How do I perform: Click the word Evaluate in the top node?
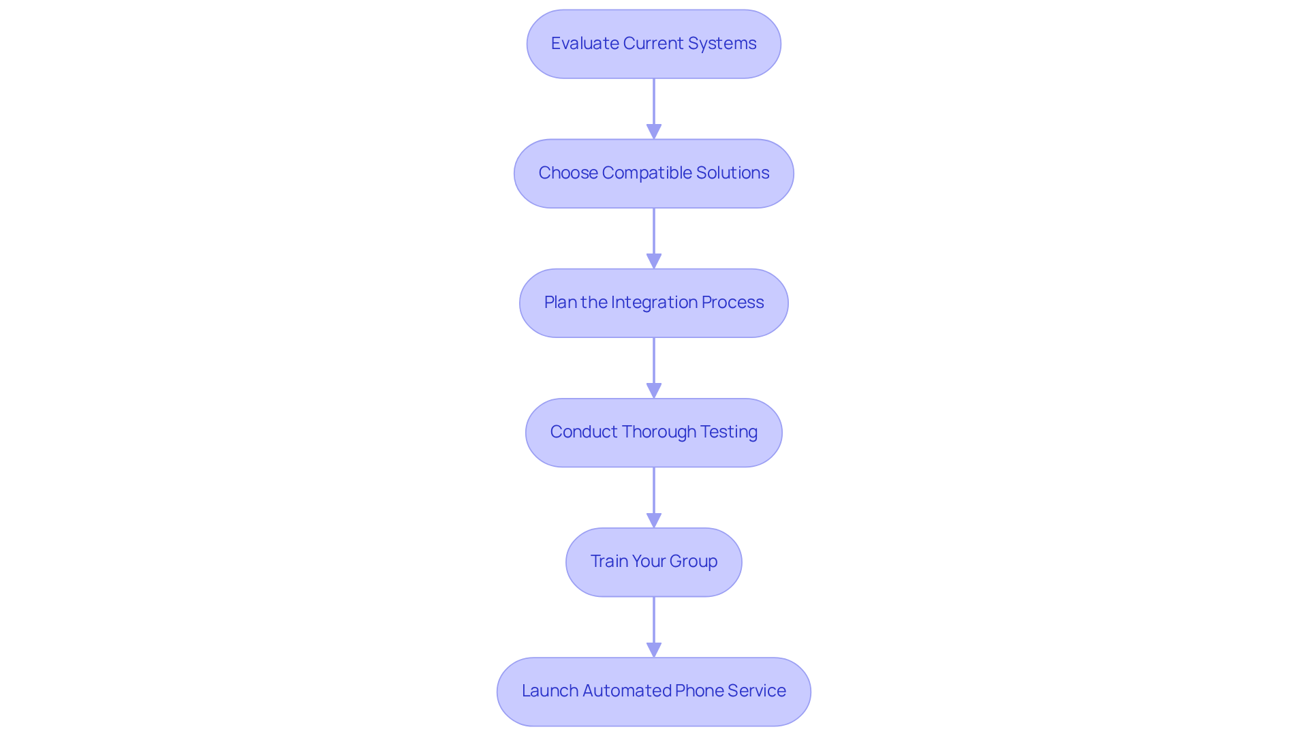(585, 44)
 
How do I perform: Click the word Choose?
(568, 173)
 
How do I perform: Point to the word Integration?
(654, 303)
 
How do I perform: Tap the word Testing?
(729, 432)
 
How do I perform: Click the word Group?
(694, 562)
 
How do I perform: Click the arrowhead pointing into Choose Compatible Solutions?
(654, 132)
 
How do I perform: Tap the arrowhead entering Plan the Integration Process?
(654, 261)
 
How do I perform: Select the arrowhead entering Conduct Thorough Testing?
(654, 390)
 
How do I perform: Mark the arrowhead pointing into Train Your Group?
(654, 520)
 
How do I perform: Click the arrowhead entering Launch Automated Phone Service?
(654, 649)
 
